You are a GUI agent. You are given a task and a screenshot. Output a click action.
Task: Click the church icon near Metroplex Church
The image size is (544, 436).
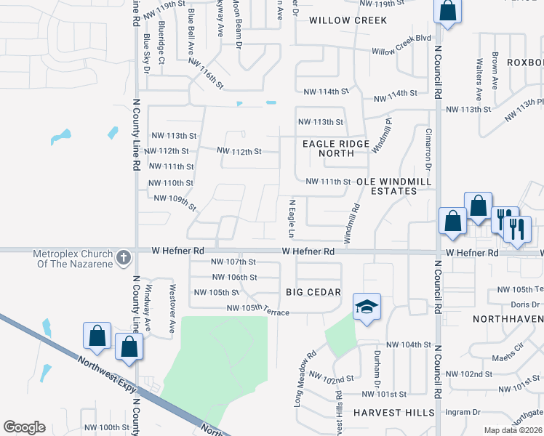click(x=124, y=257)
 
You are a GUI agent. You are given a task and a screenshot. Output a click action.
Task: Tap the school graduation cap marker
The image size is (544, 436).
click(x=367, y=307)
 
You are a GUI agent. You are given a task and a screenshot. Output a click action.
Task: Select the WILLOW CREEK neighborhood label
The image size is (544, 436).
click(x=348, y=20)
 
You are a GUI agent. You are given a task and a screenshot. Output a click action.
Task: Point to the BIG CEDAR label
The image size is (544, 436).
click(x=313, y=292)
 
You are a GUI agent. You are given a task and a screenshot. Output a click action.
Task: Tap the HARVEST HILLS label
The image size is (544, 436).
click(x=393, y=412)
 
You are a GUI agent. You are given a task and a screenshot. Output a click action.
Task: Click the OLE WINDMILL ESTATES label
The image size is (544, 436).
click(x=386, y=185)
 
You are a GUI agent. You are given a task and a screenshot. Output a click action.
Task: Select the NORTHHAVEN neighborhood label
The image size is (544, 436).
click(x=508, y=319)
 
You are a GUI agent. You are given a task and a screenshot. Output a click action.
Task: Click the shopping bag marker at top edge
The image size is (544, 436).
click(x=447, y=11)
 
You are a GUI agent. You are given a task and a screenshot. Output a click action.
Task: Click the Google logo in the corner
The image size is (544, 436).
click(x=24, y=427)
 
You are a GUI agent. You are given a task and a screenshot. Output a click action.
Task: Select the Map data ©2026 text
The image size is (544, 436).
click(x=513, y=430)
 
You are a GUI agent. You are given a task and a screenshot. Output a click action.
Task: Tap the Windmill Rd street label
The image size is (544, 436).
click(x=353, y=222)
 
